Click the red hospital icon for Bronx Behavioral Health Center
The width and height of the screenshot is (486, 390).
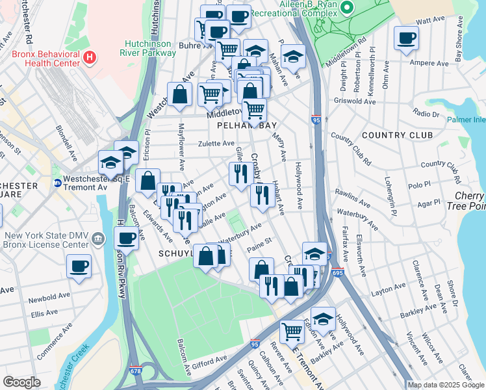[90, 57]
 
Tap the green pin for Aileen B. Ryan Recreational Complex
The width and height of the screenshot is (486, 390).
[347, 8]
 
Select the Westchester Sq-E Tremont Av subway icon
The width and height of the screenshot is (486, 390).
[57, 183]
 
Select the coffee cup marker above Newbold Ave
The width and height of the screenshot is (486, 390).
[79, 266]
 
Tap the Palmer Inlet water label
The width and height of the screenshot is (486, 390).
[466, 120]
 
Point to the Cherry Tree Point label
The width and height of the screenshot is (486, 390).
[466, 201]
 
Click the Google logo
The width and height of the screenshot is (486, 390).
[22, 382]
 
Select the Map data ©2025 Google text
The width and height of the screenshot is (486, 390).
[445, 385]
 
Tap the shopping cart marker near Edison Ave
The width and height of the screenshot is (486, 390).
[292, 332]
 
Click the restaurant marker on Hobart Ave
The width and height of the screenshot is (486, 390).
[262, 196]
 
